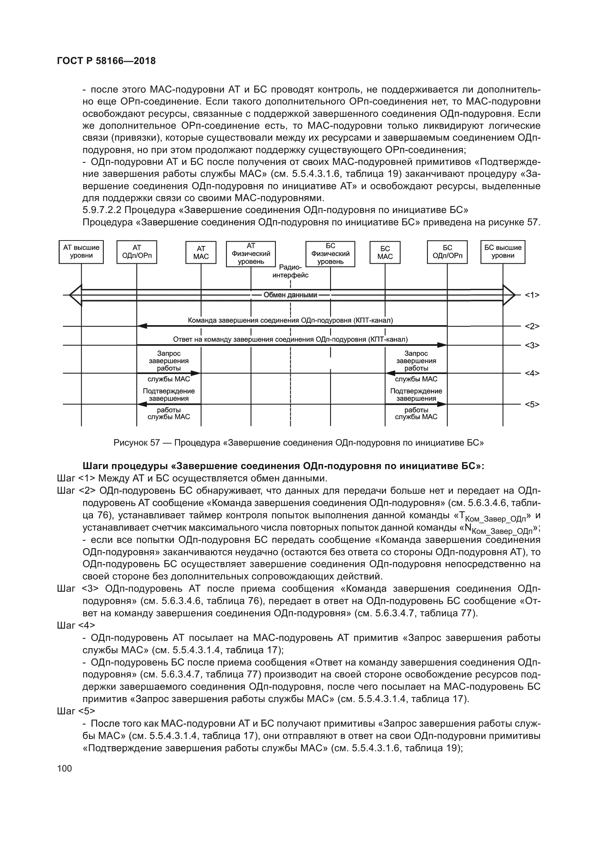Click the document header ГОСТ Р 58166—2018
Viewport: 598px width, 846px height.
[106, 61]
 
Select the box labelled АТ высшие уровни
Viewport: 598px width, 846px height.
[81, 252]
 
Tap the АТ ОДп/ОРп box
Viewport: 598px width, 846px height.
[137, 252]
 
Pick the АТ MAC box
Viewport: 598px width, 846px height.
[201, 252]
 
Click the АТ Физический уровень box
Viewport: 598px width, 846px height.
[251, 254]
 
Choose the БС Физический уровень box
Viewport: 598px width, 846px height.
[330, 254]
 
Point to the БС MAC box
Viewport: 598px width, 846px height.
[385, 252]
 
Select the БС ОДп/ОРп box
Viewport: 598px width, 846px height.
[447, 252]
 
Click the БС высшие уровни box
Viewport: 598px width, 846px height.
[503, 252]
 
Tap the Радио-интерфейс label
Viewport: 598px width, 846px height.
[290, 271]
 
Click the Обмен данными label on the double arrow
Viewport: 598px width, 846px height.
[290, 295]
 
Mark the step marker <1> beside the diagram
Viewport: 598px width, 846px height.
[532, 295]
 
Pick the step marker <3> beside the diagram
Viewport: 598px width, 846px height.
[532, 346]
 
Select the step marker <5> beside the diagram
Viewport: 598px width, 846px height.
[532, 405]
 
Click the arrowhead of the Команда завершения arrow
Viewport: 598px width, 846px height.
[142, 326]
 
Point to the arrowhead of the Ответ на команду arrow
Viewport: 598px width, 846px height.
[442, 345]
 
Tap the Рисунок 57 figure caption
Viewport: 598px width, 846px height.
[299, 442]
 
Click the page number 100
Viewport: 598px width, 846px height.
[65, 768]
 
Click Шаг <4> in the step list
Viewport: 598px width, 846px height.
[76, 625]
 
